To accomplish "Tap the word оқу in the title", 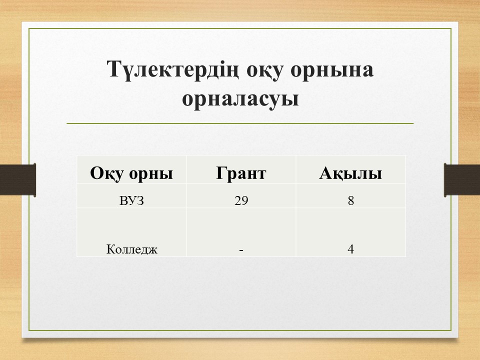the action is tap(264, 71).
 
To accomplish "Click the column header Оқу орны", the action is tap(131, 173).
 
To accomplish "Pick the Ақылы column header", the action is tap(350, 173).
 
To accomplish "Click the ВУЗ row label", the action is tap(131, 201).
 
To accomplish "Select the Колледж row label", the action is tap(131, 249).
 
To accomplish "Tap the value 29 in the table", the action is tap(241, 201).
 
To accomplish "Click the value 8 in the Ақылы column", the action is tap(351, 201).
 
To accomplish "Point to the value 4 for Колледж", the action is tap(351, 249).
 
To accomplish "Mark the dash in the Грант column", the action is tap(241, 250).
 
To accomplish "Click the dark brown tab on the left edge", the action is tap(18, 179).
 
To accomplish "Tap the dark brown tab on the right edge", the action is tap(462, 179).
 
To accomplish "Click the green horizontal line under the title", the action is tap(240, 123).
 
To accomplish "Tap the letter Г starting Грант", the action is tap(221, 173).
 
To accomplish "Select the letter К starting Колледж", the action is tap(110, 249).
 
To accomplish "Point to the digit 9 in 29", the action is tap(244, 201).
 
